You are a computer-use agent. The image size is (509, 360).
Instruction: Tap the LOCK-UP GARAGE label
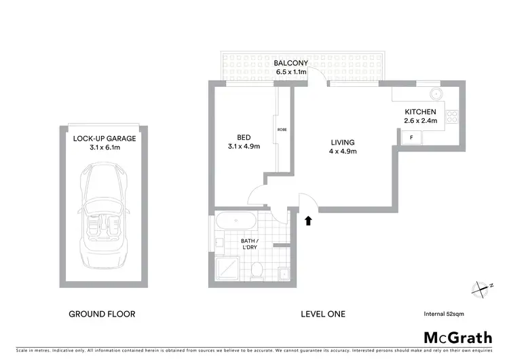pos(105,139)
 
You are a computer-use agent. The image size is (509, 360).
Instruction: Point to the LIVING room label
pos(343,142)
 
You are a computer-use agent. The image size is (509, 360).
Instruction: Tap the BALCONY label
pos(291,62)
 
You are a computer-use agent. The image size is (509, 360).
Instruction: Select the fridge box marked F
pos(410,137)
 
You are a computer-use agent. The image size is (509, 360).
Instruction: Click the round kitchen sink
pos(436,93)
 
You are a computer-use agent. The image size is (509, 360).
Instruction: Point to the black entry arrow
pos(309,220)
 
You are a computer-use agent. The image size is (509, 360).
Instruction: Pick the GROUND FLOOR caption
pos(102,314)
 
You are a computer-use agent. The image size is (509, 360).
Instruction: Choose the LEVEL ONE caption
pos(323,314)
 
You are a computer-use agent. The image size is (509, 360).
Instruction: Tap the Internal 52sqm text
pos(442,314)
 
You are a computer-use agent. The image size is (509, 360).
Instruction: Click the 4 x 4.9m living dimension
pos(343,151)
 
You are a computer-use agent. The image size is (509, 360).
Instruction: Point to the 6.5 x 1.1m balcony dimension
pos(291,71)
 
